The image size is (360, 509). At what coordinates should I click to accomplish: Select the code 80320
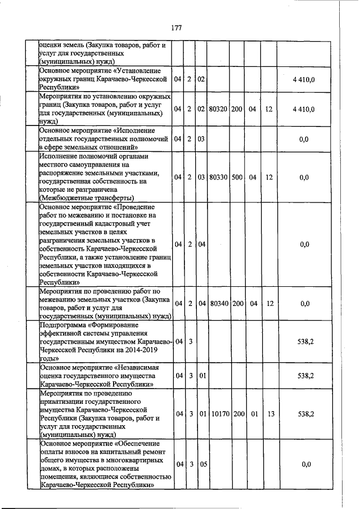click(218, 109)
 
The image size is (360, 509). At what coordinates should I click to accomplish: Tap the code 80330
click(218, 177)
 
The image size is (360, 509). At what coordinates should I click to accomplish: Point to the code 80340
click(218, 304)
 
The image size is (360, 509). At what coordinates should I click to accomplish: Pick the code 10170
click(218, 414)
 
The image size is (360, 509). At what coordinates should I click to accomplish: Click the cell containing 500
click(236, 177)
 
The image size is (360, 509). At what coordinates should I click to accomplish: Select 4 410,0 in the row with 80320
click(304, 109)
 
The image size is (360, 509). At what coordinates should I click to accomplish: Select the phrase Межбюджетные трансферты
click(88, 198)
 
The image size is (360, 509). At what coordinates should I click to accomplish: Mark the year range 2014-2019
click(143, 350)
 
